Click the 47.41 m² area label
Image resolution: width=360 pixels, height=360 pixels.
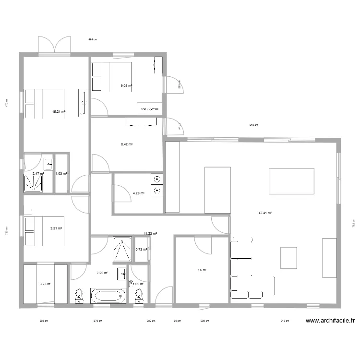(x=265, y=213)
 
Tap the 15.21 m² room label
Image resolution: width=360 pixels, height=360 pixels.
(x=59, y=112)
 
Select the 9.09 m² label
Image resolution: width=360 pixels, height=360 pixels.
(x=126, y=86)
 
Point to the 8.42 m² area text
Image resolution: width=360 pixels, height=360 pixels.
(x=126, y=144)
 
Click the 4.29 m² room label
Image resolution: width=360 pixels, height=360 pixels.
(x=138, y=193)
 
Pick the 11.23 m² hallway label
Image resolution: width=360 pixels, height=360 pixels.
(x=151, y=234)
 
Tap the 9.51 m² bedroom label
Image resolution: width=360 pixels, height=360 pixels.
(x=57, y=228)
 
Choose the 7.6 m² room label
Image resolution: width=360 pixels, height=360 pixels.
(x=202, y=270)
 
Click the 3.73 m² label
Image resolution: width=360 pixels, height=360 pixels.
(x=45, y=284)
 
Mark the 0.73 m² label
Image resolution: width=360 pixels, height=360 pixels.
(x=141, y=249)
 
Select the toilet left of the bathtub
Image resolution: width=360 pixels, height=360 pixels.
(x=80, y=296)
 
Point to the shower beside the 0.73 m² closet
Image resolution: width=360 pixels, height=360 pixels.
(x=123, y=249)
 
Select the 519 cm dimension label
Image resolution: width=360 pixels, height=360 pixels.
(x=285, y=321)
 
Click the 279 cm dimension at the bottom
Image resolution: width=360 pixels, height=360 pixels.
(x=97, y=321)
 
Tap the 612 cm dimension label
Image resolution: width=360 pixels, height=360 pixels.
(x=253, y=125)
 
